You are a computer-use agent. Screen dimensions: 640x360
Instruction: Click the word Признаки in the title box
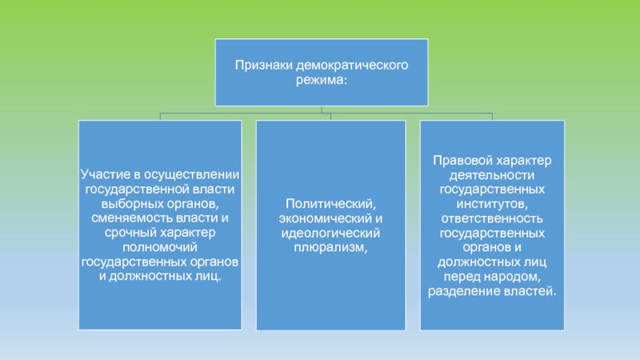[262, 65]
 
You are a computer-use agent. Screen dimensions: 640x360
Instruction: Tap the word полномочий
[160, 246]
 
